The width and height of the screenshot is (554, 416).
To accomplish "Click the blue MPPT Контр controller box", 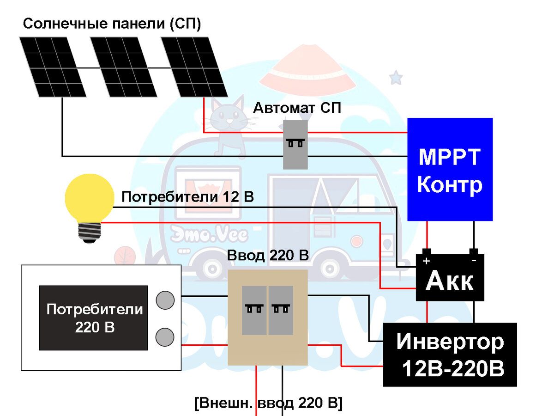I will [x=450, y=169].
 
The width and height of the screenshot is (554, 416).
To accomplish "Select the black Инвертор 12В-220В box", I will [x=450, y=355].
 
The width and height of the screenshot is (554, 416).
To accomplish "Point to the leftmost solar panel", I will [x=53, y=67].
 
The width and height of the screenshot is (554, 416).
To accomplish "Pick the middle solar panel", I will [x=123, y=67].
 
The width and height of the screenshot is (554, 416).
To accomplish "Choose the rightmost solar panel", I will [x=193, y=67].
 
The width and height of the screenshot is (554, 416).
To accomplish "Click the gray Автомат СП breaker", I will [x=295, y=144].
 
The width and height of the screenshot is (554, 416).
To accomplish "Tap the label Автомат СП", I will [x=297, y=108].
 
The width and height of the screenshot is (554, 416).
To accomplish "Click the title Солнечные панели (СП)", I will [x=112, y=24].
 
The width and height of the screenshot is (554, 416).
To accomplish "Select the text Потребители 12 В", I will [x=187, y=197].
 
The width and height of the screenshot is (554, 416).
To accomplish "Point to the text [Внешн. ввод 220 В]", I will [x=268, y=402].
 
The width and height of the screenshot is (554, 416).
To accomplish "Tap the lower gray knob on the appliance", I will [x=165, y=336].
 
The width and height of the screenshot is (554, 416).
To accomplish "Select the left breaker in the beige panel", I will [x=254, y=310].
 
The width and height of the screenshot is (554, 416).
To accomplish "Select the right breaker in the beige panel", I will [x=281, y=310].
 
